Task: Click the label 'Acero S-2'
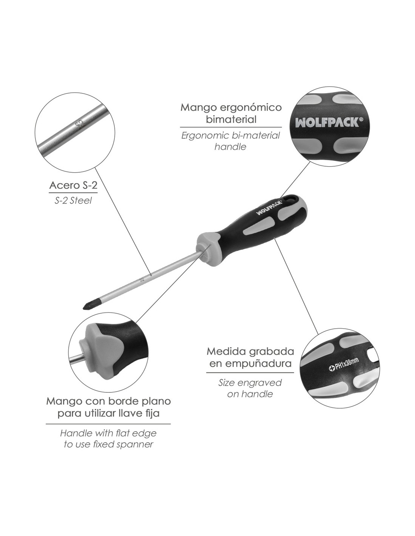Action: click(73, 185)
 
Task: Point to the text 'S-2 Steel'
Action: click(73, 201)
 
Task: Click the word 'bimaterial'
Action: click(231, 119)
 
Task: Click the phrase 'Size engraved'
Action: click(250, 383)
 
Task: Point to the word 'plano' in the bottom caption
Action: click(156, 401)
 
